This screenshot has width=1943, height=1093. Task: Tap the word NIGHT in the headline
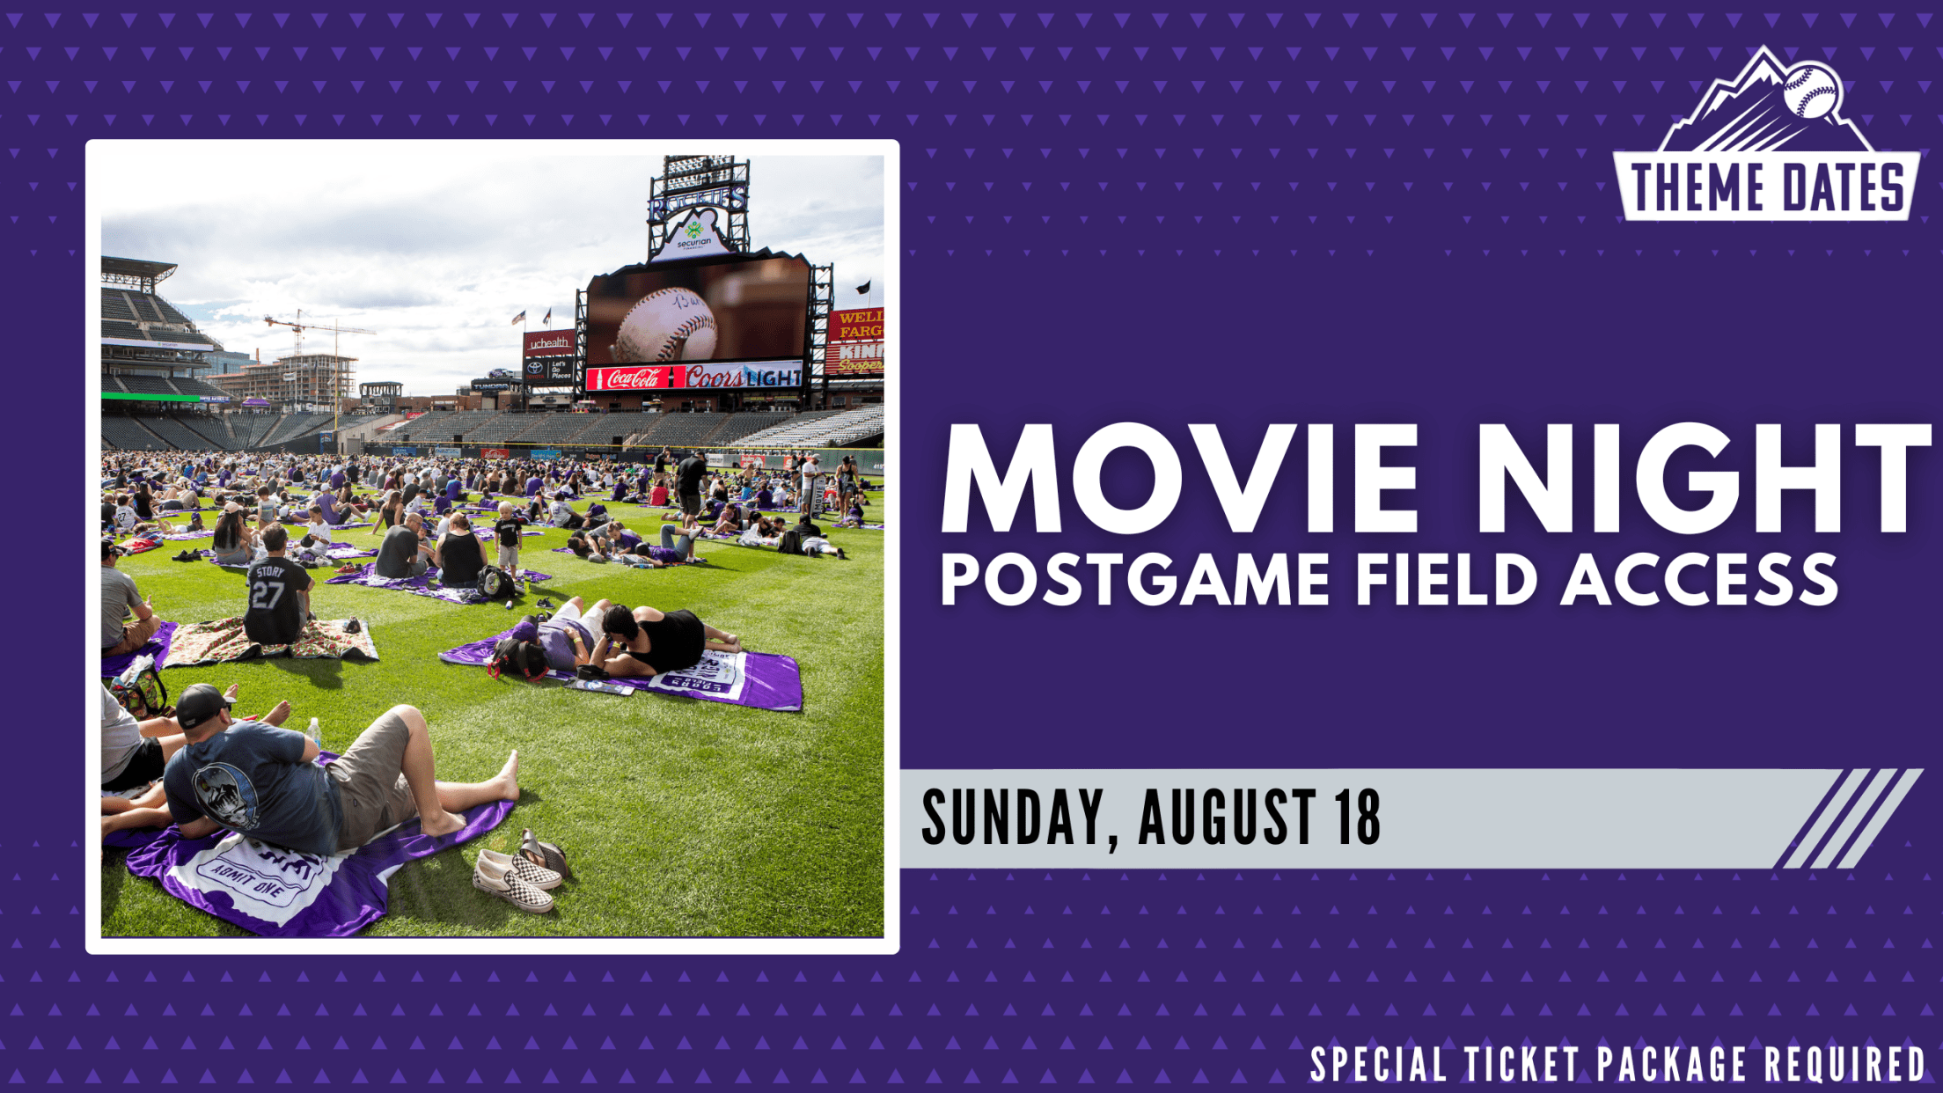(1702, 480)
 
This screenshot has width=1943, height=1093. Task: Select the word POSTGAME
(1135, 580)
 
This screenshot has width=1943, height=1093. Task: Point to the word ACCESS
(1699, 580)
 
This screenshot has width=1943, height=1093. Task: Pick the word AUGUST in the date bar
(1228, 818)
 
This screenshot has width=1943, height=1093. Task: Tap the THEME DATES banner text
(1767, 187)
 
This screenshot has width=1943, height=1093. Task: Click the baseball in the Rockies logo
(1810, 91)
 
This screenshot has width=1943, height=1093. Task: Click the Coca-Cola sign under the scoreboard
(632, 378)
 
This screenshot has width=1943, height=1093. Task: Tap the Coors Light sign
(744, 378)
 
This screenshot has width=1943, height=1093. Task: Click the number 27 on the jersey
(267, 596)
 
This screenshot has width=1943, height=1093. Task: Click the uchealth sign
(549, 342)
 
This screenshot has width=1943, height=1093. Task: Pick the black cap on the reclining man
(202, 705)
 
